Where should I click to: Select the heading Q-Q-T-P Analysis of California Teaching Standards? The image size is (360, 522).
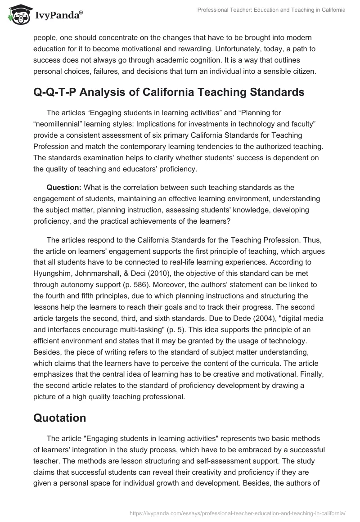click(x=162, y=92)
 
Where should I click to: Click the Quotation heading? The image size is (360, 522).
click(x=60, y=418)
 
